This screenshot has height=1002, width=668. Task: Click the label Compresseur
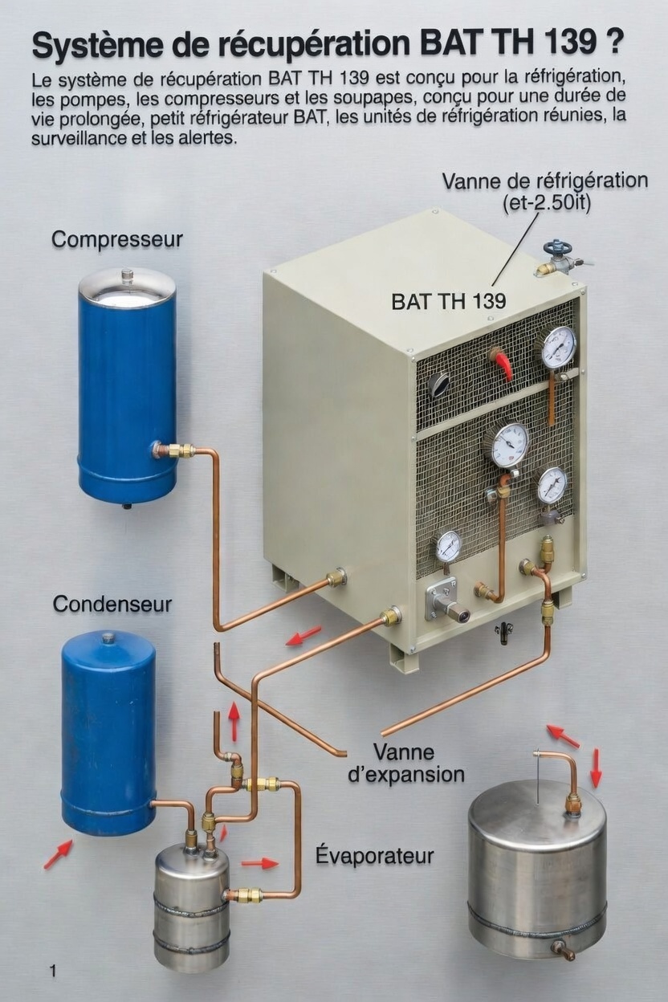pyautogui.click(x=116, y=239)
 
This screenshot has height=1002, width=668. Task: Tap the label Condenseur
pyautogui.click(x=112, y=604)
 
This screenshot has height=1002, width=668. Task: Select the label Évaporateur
pyautogui.click(x=374, y=856)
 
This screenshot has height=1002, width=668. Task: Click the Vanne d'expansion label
pyautogui.click(x=418, y=764)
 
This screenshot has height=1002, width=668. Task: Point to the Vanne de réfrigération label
pyautogui.click(x=544, y=181)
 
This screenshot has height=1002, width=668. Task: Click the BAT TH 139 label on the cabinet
pyautogui.click(x=448, y=302)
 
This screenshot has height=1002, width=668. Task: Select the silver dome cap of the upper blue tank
pyautogui.click(x=127, y=286)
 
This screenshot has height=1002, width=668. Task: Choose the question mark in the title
pyautogui.click(x=614, y=43)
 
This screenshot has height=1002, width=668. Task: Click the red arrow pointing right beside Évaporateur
pyautogui.click(x=259, y=863)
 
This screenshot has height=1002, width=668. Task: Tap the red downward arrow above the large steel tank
pyautogui.click(x=595, y=768)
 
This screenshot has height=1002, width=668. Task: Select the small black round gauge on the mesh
pyautogui.click(x=439, y=385)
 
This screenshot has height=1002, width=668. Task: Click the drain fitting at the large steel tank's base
pyautogui.click(x=563, y=950)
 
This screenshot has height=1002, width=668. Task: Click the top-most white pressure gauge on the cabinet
pyautogui.click(x=558, y=347)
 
